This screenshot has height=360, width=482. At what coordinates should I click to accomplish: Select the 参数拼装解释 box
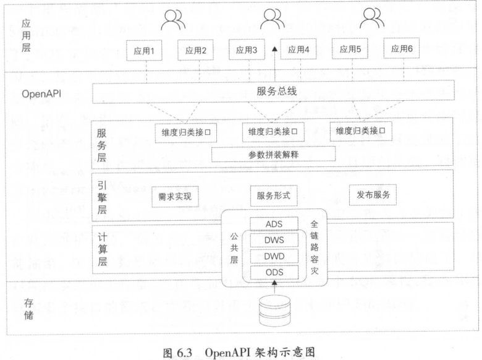(273, 154)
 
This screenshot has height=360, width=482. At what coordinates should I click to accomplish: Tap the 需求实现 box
(175, 196)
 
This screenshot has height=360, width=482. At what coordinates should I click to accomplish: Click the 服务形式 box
(273, 196)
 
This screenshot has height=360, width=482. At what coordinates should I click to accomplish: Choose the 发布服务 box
(373, 195)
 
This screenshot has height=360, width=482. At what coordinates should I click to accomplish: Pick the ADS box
(273, 223)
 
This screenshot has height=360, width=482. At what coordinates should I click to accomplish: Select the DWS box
(273, 240)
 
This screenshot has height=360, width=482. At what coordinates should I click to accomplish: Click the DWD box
(273, 256)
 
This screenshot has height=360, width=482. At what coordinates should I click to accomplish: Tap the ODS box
(273, 272)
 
